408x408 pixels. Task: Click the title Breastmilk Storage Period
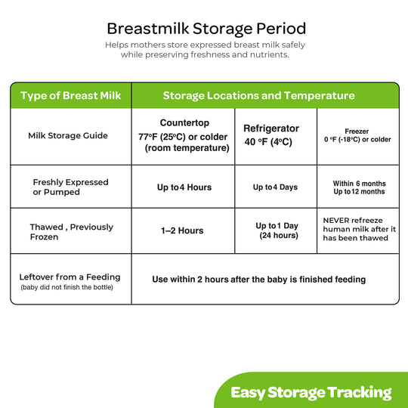pyautogui.click(x=206, y=29)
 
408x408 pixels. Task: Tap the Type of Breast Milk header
pyautogui.click(x=70, y=95)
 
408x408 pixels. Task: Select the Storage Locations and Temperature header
pyautogui.click(x=259, y=95)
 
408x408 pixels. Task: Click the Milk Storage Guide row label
pyautogui.click(x=68, y=135)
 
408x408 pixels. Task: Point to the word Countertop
pyautogui.click(x=184, y=123)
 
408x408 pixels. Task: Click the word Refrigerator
pyautogui.click(x=271, y=128)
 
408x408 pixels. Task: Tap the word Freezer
pyautogui.click(x=357, y=131)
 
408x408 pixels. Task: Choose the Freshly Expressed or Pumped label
pyautogui.click(x=70, y=187)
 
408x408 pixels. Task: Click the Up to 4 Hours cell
pyautogui.click(x=184, y=187)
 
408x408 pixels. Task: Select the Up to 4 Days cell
pyautogui.click(x=275, y=187)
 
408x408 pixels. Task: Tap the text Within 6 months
pyautogui.click(x=360, y=184)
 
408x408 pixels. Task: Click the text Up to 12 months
pyautogui.click(x=359, y=191)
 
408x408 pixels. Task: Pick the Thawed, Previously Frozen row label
pyautogui.click(x=72, y=232)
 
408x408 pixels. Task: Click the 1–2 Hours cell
pyautogui.click(x=182, y=230)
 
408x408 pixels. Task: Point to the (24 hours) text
pyautogui.click(x=279, y=236)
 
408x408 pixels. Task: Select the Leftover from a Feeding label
pyautogui.click(x=70, y=277)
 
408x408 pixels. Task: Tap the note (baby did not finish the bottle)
pyautogui.click(x=67, y=287)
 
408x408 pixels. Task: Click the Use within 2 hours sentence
pyautogui.click(x=259, y=280)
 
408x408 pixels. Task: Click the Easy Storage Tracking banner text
pyautogui.click(x=311, y=392)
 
